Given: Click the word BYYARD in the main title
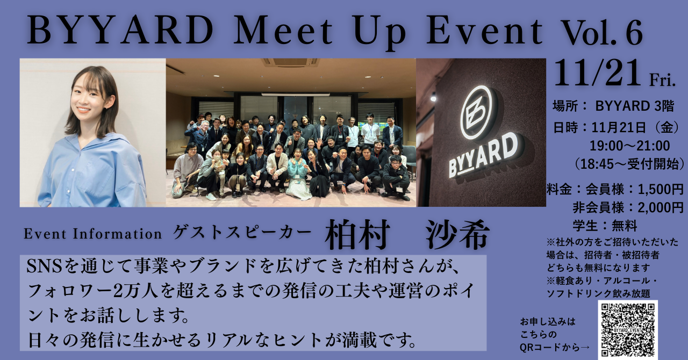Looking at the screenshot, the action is (x=120, y=31).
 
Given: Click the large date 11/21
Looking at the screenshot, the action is (x=598, y=73).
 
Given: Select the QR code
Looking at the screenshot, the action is (x=628, y=330).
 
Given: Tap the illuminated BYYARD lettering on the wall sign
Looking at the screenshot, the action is (x=483, y=155).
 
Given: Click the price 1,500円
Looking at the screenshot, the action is (x=661, y=190).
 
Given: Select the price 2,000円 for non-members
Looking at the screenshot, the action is (x=661, y=208).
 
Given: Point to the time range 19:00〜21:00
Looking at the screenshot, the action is (x=629, y=146).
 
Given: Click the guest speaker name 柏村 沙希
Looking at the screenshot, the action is (x=407, y=234).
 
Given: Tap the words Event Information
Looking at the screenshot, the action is (x=93, y=234).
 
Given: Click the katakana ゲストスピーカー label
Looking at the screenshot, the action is (x=242, y=233).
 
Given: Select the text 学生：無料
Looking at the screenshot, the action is (x=605, y=226).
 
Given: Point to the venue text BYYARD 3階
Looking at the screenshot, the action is (x=635, y=106).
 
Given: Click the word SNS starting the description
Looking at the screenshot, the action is (x=44, y=267).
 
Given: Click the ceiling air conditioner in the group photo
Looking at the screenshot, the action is (x=290, y=63).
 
